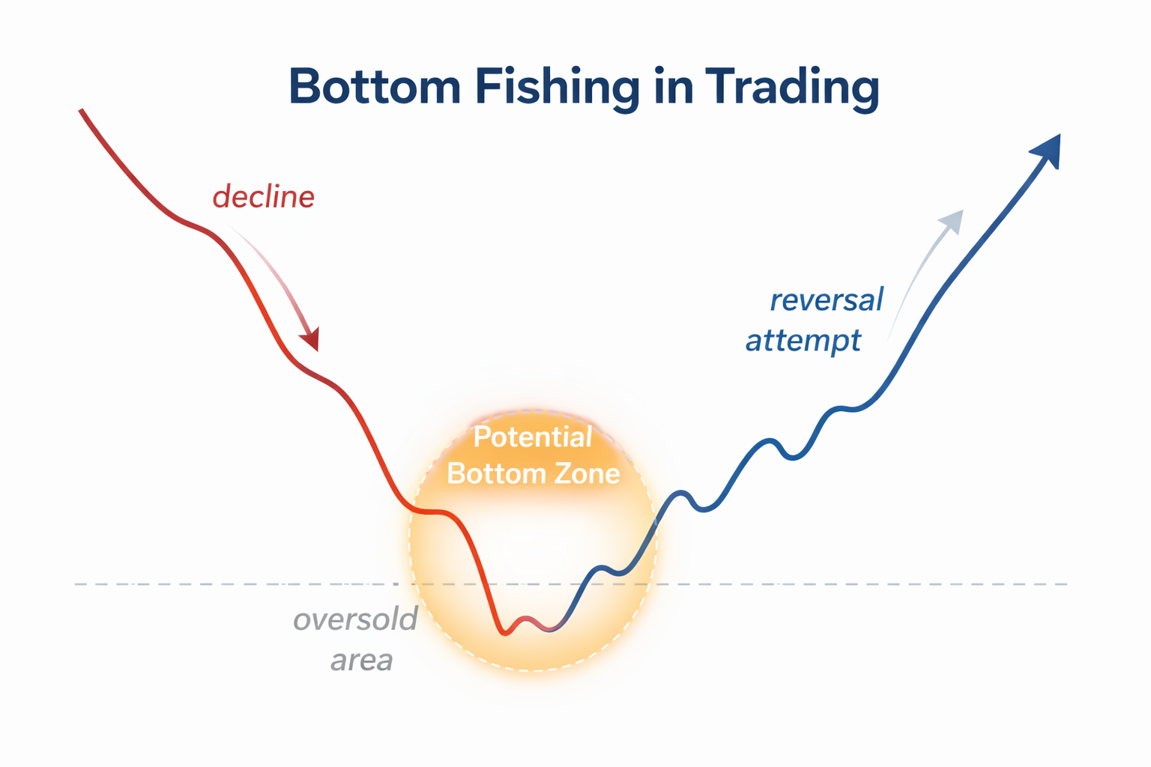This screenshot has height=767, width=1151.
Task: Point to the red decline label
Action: click(x=263, y=197)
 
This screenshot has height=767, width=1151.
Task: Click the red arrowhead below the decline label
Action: click(x=311, y=340)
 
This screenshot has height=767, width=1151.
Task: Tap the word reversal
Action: click(x=827, y=300)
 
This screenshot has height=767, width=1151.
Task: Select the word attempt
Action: click(x=803, y=341)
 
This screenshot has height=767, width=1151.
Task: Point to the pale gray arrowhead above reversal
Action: click(x=952, y=220)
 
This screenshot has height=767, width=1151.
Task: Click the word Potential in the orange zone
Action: click(x=533, y=437)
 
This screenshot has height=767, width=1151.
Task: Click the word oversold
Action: click(x=355, y=619)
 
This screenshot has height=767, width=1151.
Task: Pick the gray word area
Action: click(x=362, y=660)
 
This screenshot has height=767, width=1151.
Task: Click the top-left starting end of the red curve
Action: click(x=81, y=111)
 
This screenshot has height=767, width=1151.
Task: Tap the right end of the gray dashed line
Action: click(x=1066, y=583)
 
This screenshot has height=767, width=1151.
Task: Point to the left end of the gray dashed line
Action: click(x=76, y=583)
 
